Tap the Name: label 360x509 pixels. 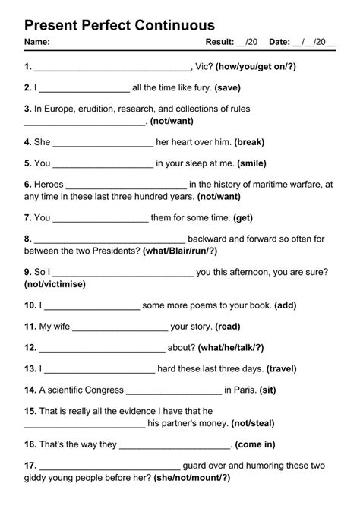tap(37, 42)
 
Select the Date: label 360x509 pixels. tap(279, 42)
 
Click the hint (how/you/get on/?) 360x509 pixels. tap(256, 66)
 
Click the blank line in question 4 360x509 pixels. tap(103, 142)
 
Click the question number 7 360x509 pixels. tap(27, 217)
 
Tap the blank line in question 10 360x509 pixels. tap(90, 305)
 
